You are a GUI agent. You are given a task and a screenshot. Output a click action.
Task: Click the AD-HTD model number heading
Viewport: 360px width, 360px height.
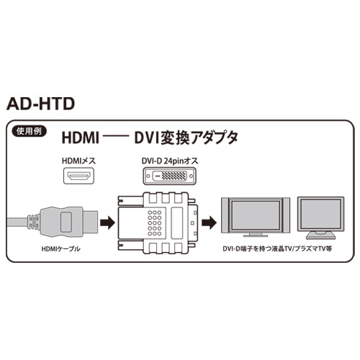click(40, 104)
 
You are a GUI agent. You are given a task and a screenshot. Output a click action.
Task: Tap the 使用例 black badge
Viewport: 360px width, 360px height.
click(29, 131)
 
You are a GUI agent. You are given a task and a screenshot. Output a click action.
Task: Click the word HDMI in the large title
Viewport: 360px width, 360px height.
click(81, 138)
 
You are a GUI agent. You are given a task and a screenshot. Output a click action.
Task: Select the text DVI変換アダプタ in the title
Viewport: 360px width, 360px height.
click(186, 138)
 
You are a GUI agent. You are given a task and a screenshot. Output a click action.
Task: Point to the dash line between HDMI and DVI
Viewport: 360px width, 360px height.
click(117, 138)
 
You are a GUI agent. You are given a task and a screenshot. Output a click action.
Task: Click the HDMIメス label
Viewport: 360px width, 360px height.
click(78, 161)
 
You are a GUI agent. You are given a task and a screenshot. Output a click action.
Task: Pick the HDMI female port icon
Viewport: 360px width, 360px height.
click(78, 176)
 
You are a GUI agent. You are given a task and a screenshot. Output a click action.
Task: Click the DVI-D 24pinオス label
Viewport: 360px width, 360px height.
click(170, 161)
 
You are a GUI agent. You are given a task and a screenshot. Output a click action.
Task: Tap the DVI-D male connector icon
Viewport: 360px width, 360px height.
click(169, 176)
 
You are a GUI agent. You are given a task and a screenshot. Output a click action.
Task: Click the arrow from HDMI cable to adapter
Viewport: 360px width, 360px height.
click(107, 222)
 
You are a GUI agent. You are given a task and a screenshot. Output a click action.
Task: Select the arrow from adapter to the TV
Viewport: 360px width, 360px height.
click(209, 222)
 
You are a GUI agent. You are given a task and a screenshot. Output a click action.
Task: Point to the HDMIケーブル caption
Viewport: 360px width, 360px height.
click(61, 249)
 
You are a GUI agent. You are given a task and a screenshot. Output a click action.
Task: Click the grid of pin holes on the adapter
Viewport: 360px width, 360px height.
click(155, 223)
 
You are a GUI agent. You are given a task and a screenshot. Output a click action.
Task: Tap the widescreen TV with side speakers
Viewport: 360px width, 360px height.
click(256, 217)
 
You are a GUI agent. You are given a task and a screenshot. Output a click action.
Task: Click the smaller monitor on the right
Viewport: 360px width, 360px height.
click(320, 218)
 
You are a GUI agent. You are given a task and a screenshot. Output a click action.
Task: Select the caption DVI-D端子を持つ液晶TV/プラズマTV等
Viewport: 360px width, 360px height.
click(277, 248)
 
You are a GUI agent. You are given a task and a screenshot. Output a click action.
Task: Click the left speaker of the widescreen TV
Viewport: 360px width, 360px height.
click(225, 215)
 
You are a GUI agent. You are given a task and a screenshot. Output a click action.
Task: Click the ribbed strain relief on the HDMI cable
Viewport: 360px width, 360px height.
click(33, 222)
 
